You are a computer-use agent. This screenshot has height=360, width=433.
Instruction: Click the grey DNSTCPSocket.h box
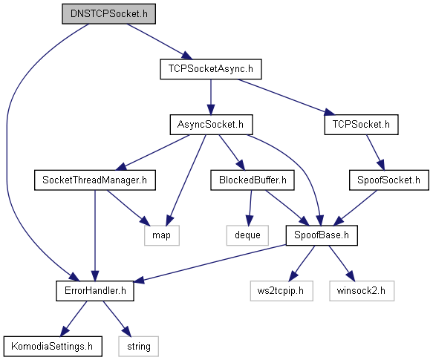point(108,14)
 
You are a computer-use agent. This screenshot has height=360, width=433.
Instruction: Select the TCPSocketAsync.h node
point(211,69)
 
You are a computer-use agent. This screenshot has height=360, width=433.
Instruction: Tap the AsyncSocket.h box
point(211,125)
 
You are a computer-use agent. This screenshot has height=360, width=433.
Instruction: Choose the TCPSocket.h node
point(361,125)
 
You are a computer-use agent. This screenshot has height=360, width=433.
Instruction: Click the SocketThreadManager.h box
point(95,180)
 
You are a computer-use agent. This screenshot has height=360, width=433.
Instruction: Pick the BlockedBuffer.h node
point(253,180)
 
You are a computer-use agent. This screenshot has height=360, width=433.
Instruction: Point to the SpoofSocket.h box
point(389,180)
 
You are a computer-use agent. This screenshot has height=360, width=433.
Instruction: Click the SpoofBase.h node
point(322,235)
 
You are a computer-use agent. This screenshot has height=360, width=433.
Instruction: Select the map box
point(162,235)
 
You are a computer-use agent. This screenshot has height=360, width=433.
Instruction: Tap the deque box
point(247,235)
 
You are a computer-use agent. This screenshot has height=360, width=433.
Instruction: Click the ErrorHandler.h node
point(95,291)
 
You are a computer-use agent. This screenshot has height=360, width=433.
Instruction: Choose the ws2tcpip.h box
point(281,291)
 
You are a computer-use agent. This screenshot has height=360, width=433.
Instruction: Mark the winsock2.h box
point(362,291)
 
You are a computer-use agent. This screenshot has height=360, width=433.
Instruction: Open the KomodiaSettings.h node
point(53,346)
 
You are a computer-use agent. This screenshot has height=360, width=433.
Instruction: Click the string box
point(139,346)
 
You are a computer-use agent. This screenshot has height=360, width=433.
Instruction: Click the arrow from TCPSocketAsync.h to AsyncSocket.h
point(211,97)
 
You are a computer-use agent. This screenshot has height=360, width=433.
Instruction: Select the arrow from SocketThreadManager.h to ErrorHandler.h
point(95,235)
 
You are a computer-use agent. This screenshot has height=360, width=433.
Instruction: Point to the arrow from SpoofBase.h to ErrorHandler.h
point(210,264)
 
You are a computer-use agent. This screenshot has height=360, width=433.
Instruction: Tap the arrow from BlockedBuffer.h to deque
point(250,208)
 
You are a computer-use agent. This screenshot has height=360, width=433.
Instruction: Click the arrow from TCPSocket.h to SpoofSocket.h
point(375,152)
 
